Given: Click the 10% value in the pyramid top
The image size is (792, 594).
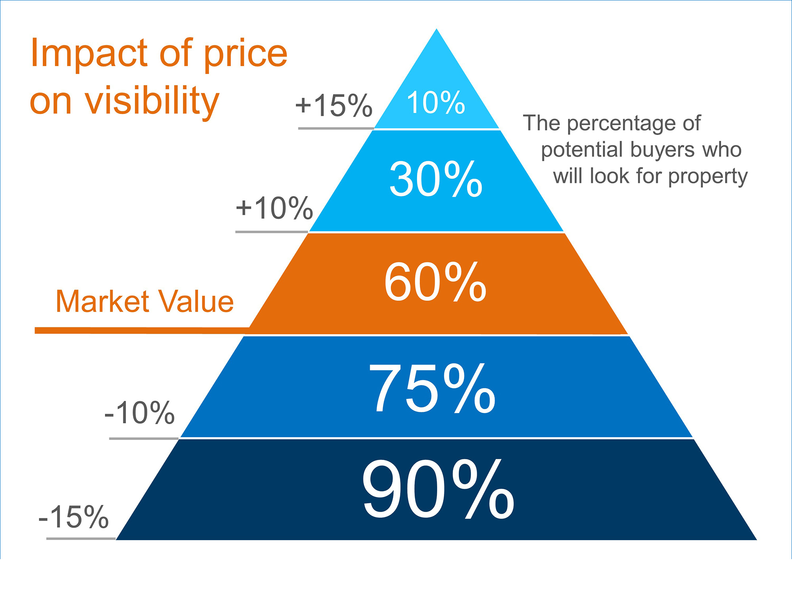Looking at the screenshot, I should coord(436,103).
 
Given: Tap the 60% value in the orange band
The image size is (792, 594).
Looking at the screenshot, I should coord(435,282).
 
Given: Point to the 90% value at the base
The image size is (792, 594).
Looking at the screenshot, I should coord(438,490).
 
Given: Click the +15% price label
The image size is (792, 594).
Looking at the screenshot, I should coord(334,106).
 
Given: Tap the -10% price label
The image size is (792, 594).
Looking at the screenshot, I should coord(139,413).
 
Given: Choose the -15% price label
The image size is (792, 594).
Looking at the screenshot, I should coord(74,517).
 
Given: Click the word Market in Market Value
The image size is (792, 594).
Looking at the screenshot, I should coord(103,301).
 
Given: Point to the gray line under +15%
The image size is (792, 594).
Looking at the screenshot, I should coord(336,128).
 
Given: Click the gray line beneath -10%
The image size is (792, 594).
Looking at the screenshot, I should coord(144,438).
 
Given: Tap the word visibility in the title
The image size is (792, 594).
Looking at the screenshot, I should coord(152,101).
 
